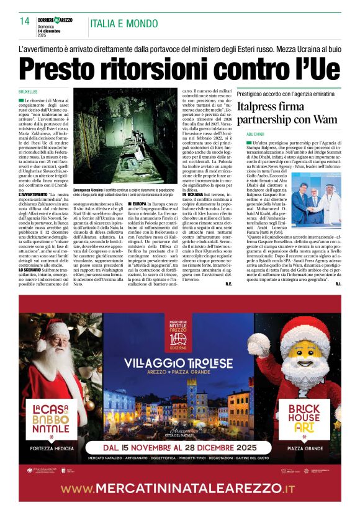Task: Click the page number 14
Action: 25,20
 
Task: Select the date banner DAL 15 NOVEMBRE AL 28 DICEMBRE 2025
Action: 181,447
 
